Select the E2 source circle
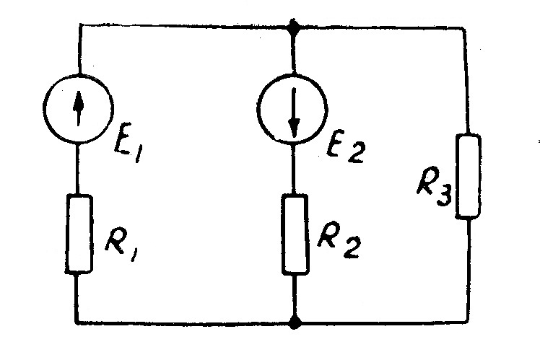(x=293, y=109)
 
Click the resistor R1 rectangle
(x=79, y=233)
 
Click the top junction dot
(x=293, y=28)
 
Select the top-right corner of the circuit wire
(x=467, y=28)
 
